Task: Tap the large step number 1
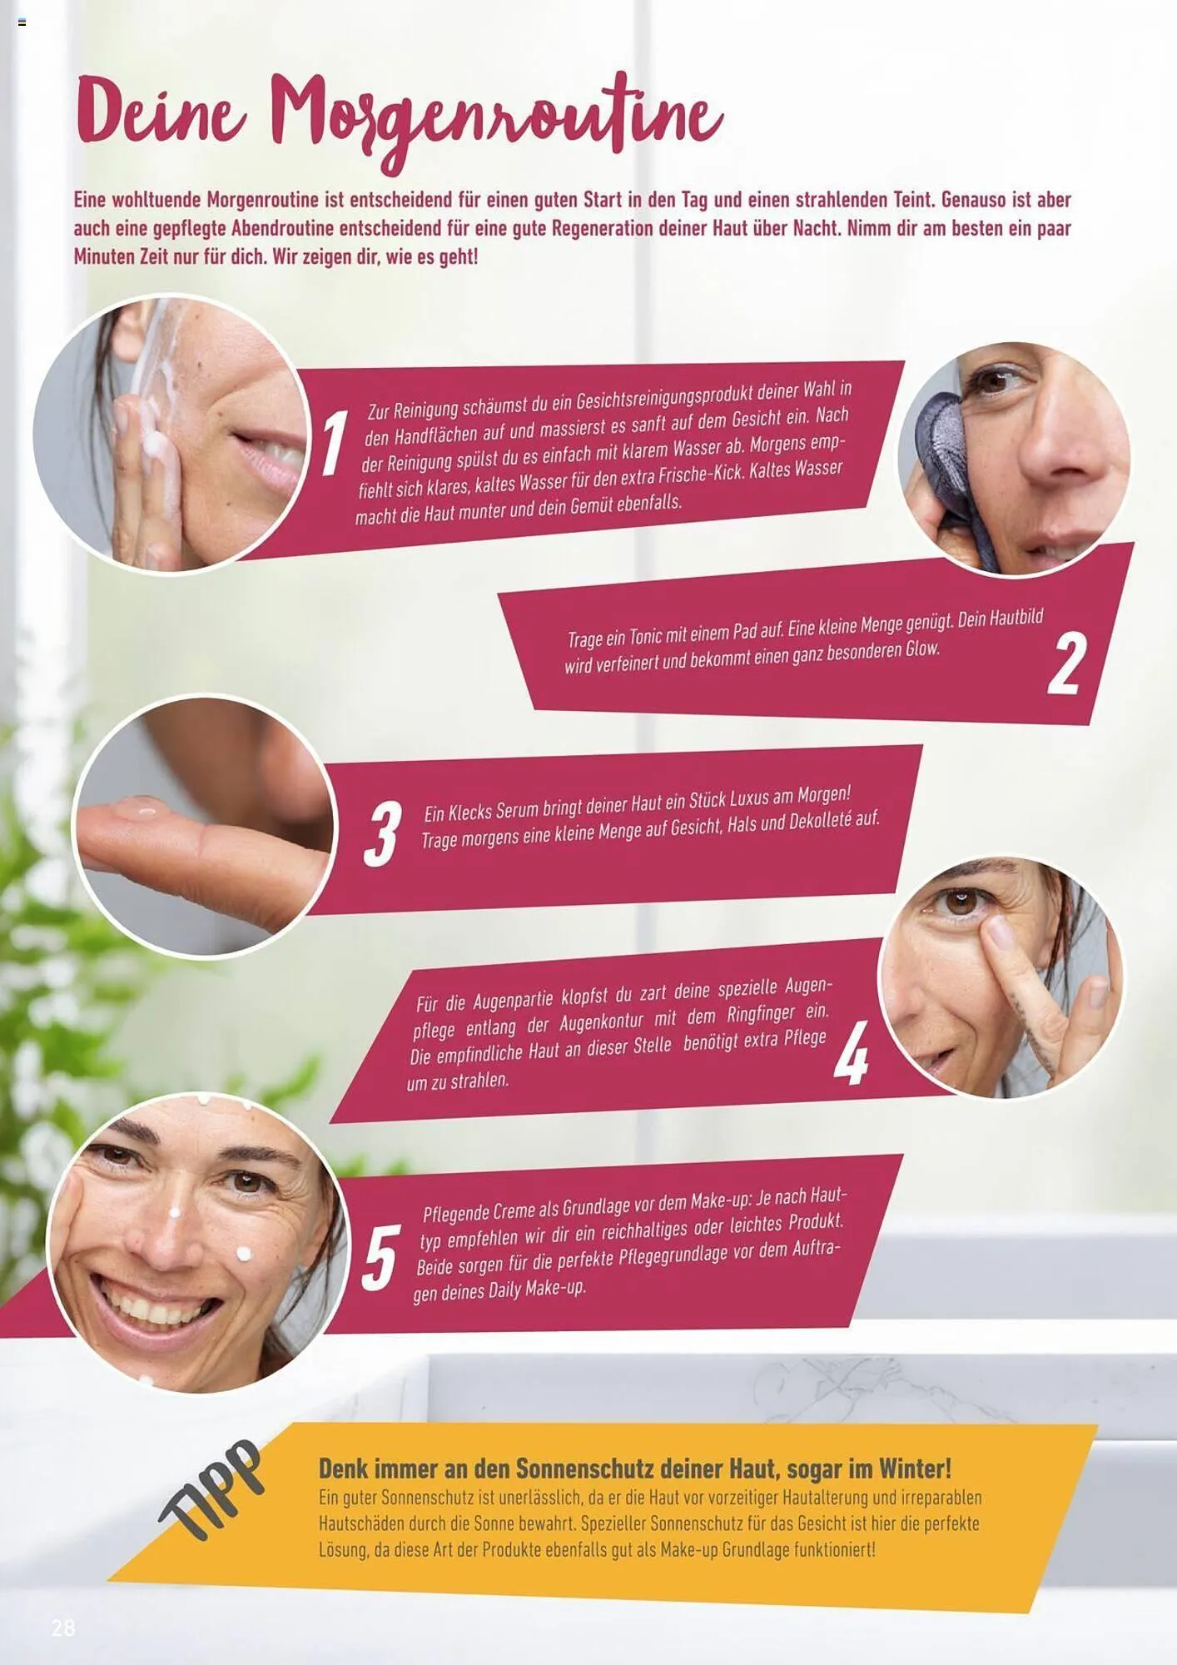[334, 443]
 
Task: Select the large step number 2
[1066, 664]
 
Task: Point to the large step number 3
[383, 833]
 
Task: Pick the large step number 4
[851, 1052]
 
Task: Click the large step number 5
[380, 1257]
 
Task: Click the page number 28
[63, 1628]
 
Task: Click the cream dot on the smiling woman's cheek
[245, 1253]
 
